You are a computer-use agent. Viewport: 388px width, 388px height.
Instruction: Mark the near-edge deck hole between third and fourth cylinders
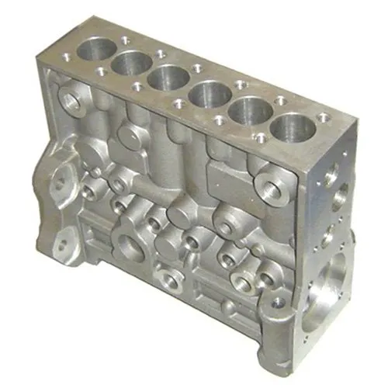coord(179,103)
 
